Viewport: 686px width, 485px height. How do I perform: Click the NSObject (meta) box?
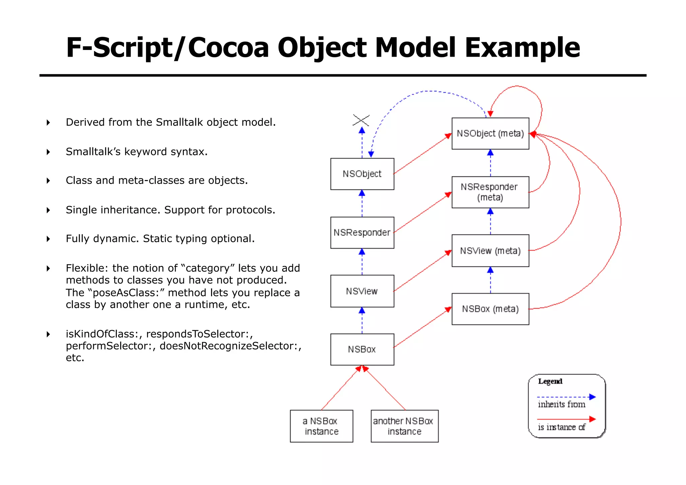click(x=490, y=133)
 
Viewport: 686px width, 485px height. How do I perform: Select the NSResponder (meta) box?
click(x=490, y=192)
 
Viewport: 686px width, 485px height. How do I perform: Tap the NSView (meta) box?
click(x=490, y=251)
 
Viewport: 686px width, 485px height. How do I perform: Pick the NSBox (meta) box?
click(x=490, y=309)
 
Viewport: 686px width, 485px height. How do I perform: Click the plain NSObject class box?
click(x=362, y=174)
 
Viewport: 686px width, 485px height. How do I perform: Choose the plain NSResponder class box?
click(x=362, y=232)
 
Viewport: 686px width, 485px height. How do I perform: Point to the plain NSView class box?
click(x=362, y=291)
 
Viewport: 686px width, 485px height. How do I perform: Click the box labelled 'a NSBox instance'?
click(x=321, y=426)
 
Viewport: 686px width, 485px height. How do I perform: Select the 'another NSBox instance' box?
click(x=404, y=426)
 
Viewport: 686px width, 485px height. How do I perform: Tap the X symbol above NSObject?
click(x=361, y=120)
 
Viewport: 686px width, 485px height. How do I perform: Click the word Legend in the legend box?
click(x=550, y=381)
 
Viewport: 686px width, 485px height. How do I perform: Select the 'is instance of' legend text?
click(x=561, y=427)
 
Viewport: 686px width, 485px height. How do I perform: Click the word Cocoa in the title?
click(x=228, y=48)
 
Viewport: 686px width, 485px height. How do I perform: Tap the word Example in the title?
click(x=522, y=48)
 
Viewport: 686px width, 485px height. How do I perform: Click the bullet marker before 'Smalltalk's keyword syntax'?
click(x=49, y=152)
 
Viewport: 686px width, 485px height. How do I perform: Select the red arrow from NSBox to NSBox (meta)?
click(x=423, y=327)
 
